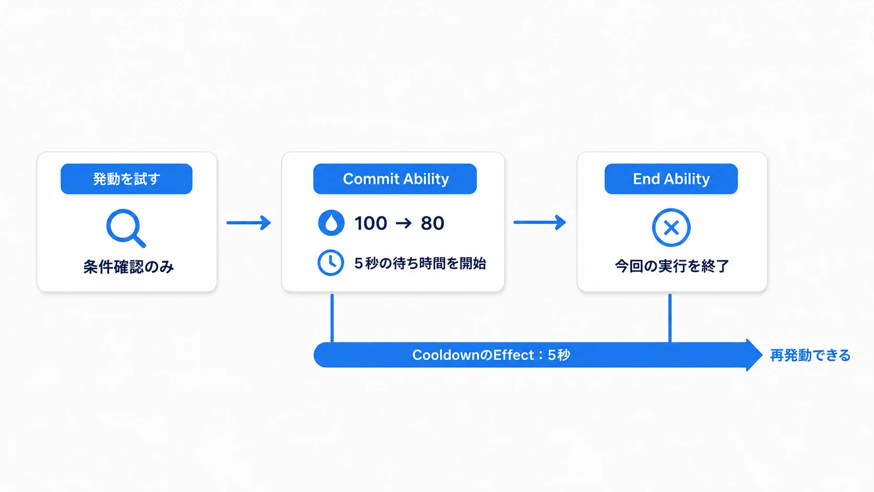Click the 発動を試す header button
point(126,179)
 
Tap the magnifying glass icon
point(125,228)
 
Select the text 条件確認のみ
point(129,267)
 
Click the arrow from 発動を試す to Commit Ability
point(248,223)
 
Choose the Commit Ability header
point(395,179)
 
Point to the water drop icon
point(331,223)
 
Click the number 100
point(371,223)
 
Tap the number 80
point(432,223)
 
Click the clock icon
point(331,262)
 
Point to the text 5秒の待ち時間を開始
point(420,264)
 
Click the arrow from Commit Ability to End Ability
point(539,222)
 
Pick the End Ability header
point(671,179)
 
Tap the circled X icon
point(671,227)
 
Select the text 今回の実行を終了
point(672,267)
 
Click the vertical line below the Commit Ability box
point(332,318)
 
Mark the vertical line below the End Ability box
point(670,318)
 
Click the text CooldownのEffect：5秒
point(491,355)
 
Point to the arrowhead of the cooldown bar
point(754,355)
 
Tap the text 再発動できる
point(810,356)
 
